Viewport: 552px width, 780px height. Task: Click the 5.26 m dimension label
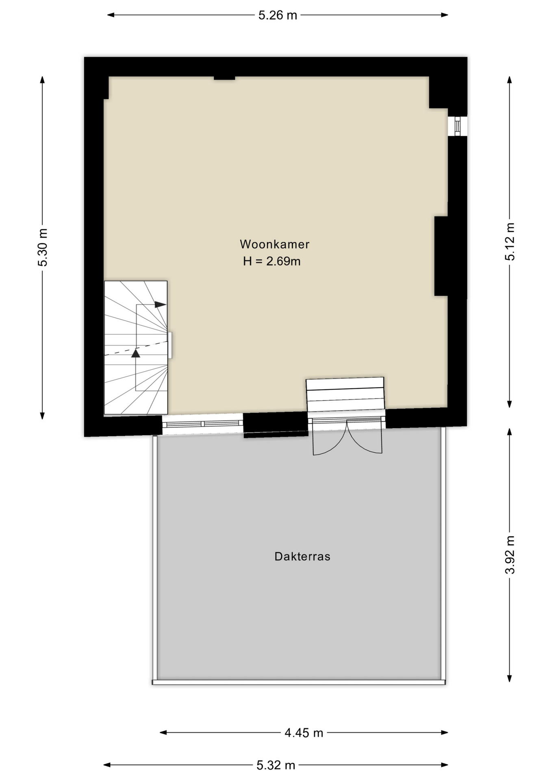click(x=278, y=15)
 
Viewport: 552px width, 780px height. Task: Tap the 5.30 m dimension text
click(x=43, y=247)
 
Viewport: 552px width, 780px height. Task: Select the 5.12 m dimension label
click(x=510, y=241)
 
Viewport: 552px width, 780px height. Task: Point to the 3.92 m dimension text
click(x=510, y=555)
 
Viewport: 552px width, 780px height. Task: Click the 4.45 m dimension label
click(x=304, y=733)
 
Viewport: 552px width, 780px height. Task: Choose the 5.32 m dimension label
click(x=276, y=765)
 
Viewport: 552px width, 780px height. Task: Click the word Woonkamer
click(x=274, y=244)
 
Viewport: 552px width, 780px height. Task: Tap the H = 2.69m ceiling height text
click(x=272, y=261)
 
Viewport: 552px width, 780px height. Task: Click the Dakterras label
click(x=302, y=557)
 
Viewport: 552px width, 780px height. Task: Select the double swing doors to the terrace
click(x=347, y=439)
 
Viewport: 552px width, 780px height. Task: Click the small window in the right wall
click(x=457, y=126)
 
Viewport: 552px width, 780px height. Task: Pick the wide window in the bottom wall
click(x=202, y=424)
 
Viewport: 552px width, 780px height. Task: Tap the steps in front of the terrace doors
click(x=345, y=394)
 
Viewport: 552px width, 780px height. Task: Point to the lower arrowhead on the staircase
click(x=136, y=353)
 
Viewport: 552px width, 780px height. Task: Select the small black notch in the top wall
click(x=224, y=77)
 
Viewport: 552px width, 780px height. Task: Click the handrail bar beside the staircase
click(x=170, y=345)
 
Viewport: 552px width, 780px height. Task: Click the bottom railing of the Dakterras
click(x=299, y=682)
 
